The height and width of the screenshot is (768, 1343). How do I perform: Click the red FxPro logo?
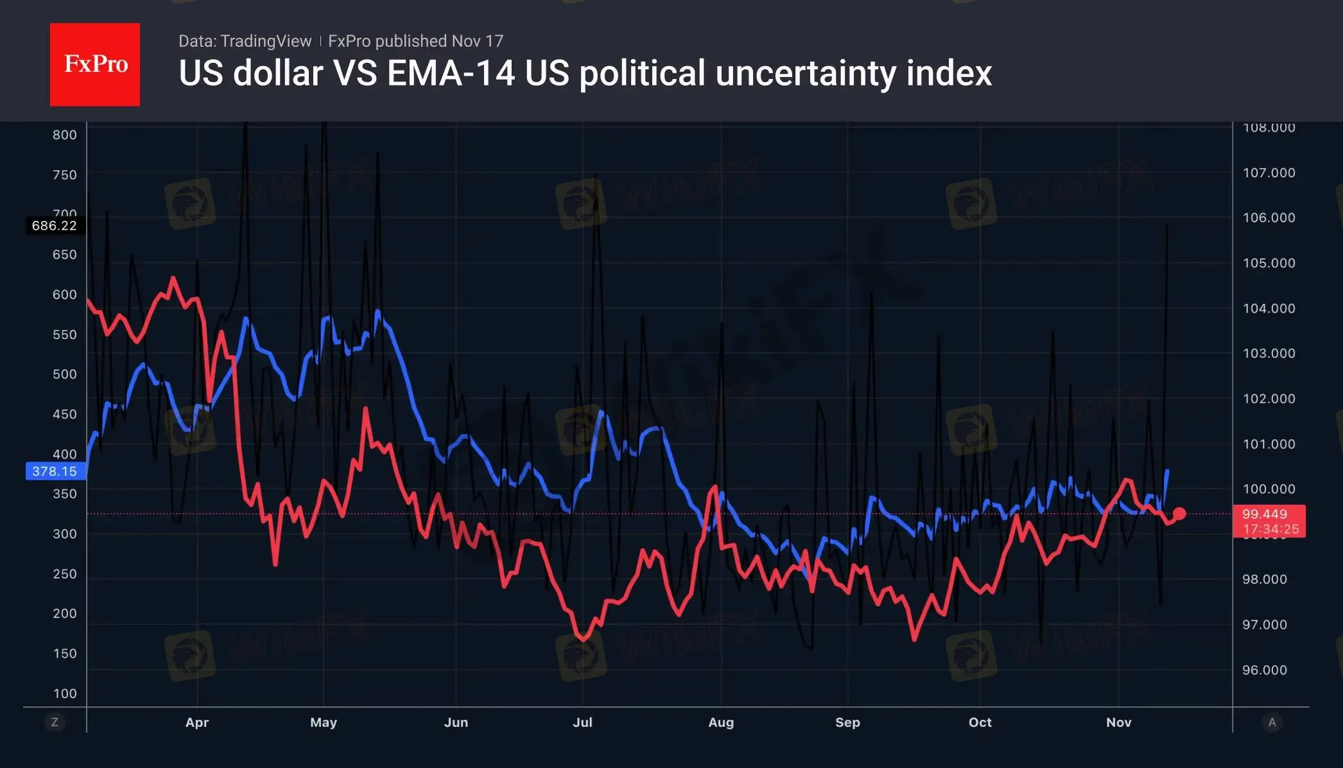click(95, 64)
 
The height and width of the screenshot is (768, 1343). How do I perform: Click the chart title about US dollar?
click(585, 73)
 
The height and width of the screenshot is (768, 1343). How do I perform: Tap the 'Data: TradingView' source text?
click(245, 41)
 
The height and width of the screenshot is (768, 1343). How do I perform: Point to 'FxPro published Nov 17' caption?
click(415, 41)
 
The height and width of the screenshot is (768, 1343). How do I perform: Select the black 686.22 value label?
click(55, 225)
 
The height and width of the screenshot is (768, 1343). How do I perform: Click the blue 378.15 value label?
click(55, 471)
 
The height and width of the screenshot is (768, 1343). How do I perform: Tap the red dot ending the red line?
click(1179, 514)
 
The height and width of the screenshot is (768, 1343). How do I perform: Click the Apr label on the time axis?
click(197, 722)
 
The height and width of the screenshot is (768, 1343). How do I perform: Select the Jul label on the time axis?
click(582, 722)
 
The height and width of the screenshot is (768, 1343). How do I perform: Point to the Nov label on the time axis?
click(1118, 722)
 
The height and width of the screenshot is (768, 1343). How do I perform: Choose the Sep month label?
click(847, 722)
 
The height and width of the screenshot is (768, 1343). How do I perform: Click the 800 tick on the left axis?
click(64, 135)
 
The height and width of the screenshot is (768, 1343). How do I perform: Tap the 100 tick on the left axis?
click(64, 694)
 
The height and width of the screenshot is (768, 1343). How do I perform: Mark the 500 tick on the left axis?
click(64, 374)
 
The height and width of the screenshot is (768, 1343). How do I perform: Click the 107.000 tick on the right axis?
click(1269, 173)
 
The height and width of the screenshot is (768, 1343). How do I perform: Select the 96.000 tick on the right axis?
click(1264, 670)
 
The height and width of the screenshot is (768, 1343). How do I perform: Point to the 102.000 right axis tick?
click(1269, 399)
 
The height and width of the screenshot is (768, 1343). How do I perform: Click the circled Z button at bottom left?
click(55, 722)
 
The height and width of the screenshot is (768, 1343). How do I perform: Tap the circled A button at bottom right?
click(1272, 722)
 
